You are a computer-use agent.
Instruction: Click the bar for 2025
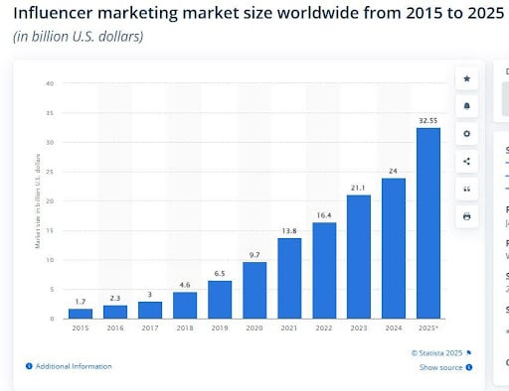point(428,223)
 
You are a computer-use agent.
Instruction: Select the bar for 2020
point(254,290)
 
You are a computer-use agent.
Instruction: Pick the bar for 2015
point(81,313)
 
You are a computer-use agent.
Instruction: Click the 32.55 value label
point(428,120)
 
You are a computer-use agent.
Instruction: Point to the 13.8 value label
point(289,229)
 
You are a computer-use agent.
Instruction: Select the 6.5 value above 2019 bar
point(220,272)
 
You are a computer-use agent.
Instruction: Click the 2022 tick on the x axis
point(324,328)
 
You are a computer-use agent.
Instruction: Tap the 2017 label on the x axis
point(150,328)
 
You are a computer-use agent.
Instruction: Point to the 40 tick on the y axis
point(49,83)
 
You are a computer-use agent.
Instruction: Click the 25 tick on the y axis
point(49,172)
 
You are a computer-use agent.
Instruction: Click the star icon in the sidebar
point(467,78)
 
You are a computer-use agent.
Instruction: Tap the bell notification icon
point(467,106)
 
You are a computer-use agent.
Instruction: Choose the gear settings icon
point(467,134)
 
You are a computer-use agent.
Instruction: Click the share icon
point(467,161)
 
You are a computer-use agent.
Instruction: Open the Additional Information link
point(73,366)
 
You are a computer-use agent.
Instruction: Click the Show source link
point(441,367)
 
